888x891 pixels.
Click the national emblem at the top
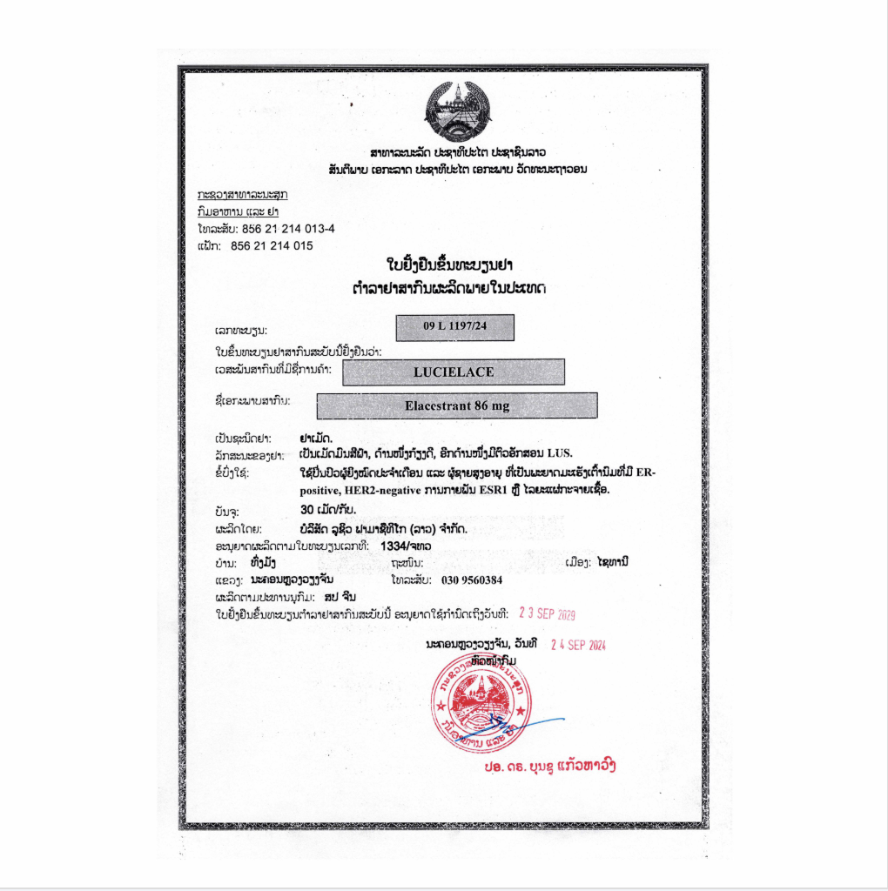click(x=457, y=111)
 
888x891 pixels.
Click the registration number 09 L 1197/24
click(x=454, y=327)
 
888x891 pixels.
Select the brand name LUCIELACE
click(x=454, y=372)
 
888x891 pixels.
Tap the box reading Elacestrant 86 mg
click(x=457, y=405)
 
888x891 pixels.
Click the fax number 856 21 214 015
click(x=272, y=246)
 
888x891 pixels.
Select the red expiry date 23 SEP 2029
click(x=547, y=614)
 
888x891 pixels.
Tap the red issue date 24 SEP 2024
click(x=578, y=645)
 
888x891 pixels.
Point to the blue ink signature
click(x=522, y=722)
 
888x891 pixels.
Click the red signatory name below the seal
click(x=552, y=767)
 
